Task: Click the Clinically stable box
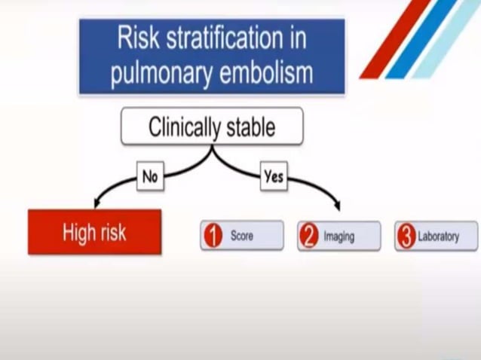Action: [x=212, y=126]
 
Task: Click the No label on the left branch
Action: [x=149, y=177]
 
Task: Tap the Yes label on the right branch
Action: [x=273, y=177]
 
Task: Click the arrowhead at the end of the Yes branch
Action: [x=337, y=206]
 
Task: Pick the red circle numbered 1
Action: [x=213, y=236]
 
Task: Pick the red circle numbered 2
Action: [x=310, y=236]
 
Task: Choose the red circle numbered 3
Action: [x=407, y=236]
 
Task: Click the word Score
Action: [x=242, y=236]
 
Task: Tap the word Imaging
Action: [x=339, y=236]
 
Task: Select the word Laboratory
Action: [x=440, y=236]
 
